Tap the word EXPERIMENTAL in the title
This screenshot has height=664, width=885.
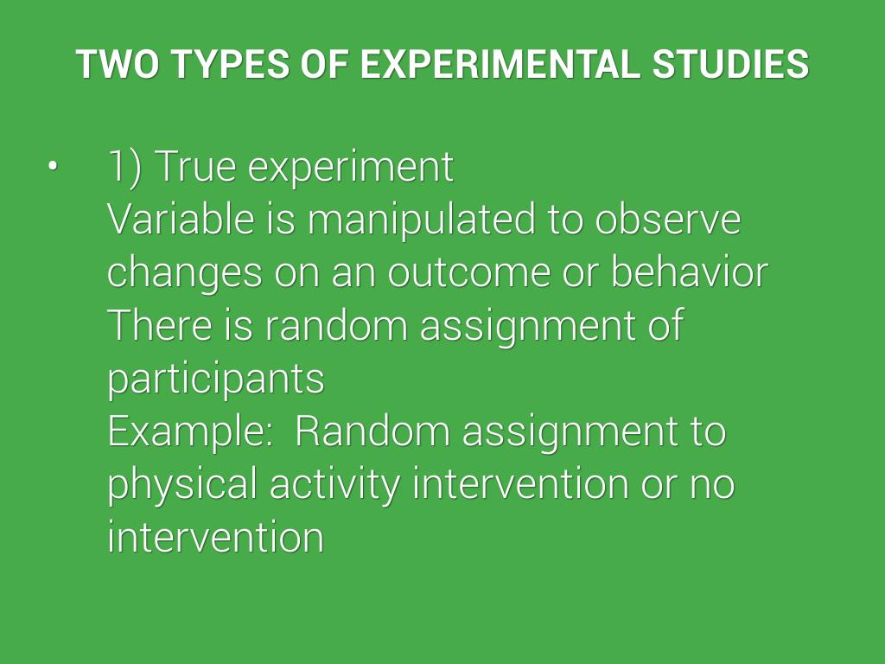pos(500,63)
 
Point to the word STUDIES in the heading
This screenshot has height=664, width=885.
pos(730,63)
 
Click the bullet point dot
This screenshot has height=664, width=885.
pos(53,167)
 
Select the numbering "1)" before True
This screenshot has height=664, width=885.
pos(124,168)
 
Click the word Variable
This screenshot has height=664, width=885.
pos(181,219)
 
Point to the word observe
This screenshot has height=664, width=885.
pos(668,219)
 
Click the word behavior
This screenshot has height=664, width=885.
pos(689,271)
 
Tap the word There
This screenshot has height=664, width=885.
pos(159,325)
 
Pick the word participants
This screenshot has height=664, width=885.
pos(216,380)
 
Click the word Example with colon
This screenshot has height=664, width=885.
pos(190,432)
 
